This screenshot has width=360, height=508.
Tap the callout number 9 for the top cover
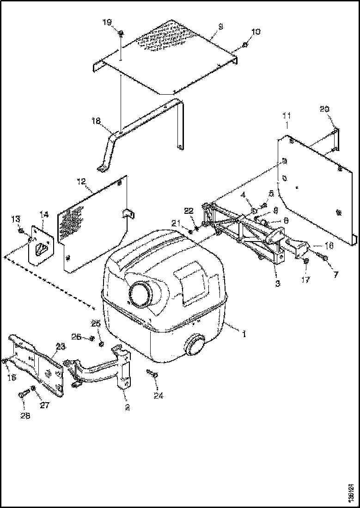point(220,27)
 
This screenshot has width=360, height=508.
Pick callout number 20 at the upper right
point(324,109)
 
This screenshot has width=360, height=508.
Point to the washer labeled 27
point(33,387)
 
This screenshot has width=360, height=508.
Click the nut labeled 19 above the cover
point(120,33)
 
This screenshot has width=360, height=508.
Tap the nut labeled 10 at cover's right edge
point(245,44)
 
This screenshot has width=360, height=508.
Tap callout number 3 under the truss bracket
point(278,284)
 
